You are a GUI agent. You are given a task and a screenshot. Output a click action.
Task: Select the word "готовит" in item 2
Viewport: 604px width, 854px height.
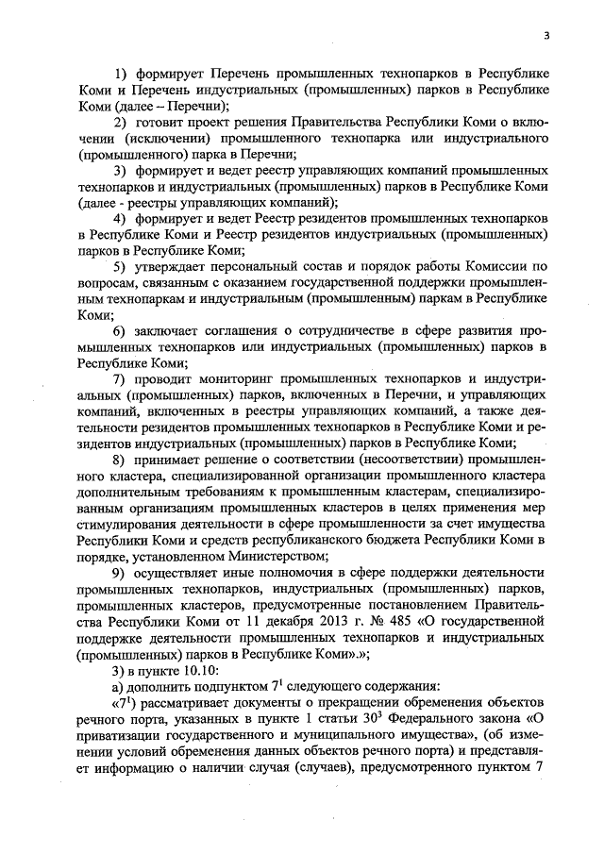coord(164,124)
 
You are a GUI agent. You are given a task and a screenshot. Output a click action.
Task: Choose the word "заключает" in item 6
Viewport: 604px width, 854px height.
coord(176,329)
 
